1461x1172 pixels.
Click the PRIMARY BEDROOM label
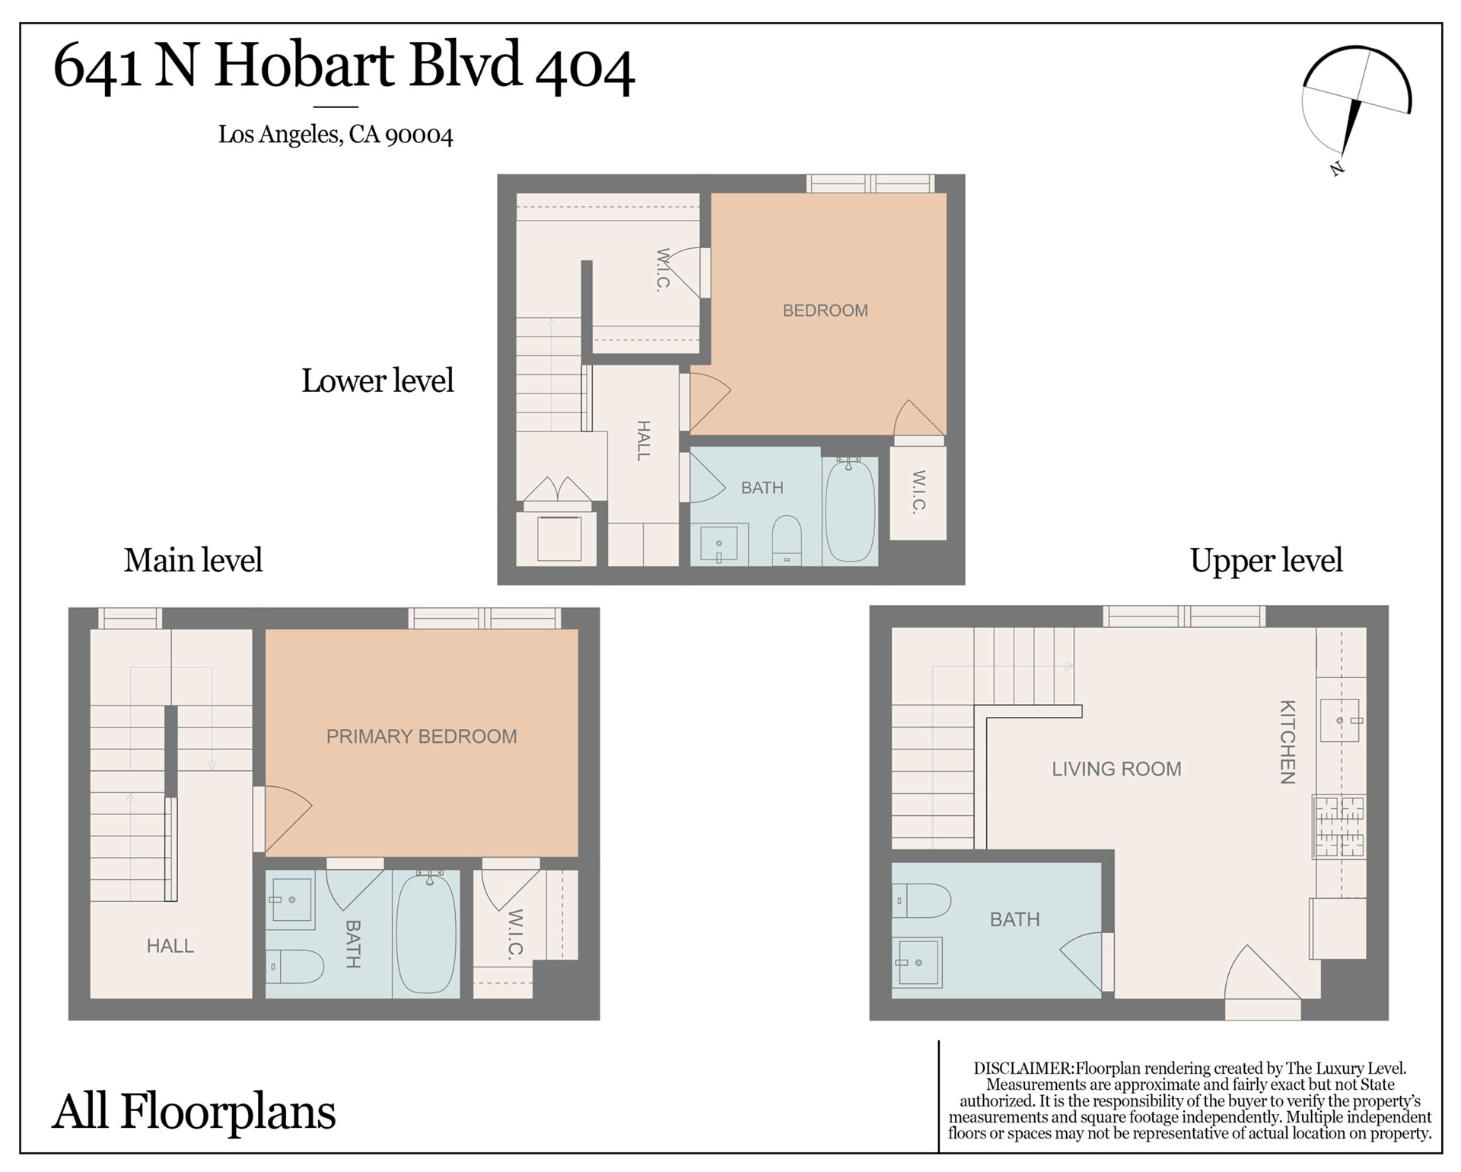[422, 736]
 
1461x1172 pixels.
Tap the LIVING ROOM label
[1116, 769]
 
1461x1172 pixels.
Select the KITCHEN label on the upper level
[1287, 742]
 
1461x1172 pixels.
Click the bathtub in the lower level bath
[850, 509]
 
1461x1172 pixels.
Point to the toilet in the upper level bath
[921, 900]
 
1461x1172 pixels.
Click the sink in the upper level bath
[917, 963]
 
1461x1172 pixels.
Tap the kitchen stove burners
[1340, 826]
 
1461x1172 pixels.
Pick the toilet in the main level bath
[295, 967]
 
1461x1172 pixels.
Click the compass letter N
[1336, 168]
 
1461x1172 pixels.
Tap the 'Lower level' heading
[377, 381]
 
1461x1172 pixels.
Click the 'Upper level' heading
[1266, 561]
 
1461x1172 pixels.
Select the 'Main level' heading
[193, 560]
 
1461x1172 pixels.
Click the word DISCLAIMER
[1023, 1068]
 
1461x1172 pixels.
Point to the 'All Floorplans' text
[194, 1112]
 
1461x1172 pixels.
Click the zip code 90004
[419, 135]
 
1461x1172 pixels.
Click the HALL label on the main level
[170, 946]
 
